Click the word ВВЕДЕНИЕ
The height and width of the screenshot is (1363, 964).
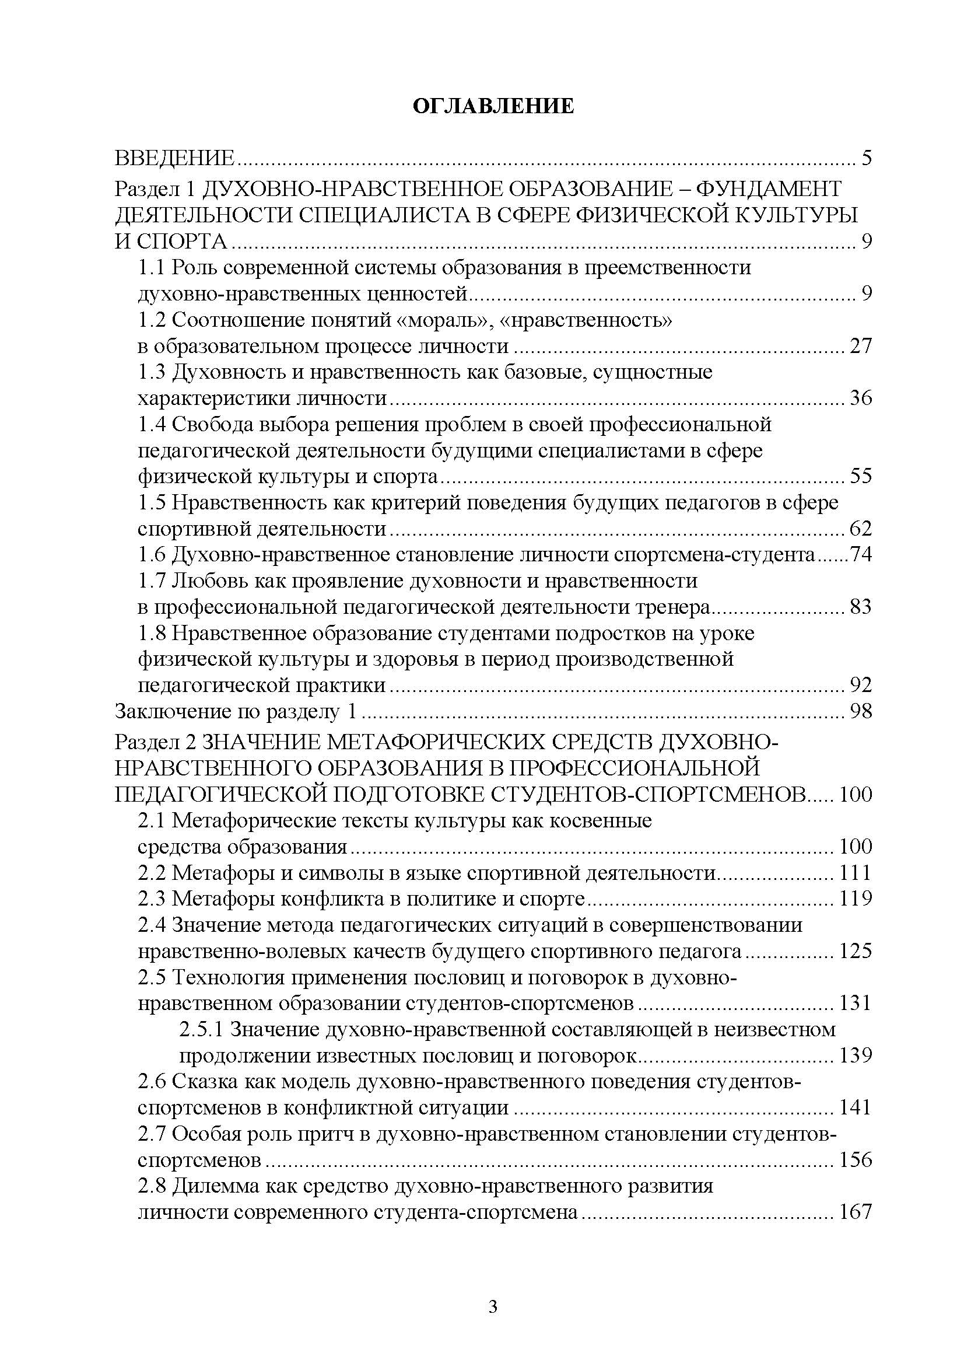175,159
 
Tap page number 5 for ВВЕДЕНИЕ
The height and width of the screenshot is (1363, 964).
866,159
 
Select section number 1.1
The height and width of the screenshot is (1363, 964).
152,268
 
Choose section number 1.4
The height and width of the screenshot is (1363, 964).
153,425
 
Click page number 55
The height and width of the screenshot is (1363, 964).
860,477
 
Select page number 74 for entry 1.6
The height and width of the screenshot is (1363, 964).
861,555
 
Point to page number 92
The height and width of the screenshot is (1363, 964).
860,686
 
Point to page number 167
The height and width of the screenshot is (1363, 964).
855,1213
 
